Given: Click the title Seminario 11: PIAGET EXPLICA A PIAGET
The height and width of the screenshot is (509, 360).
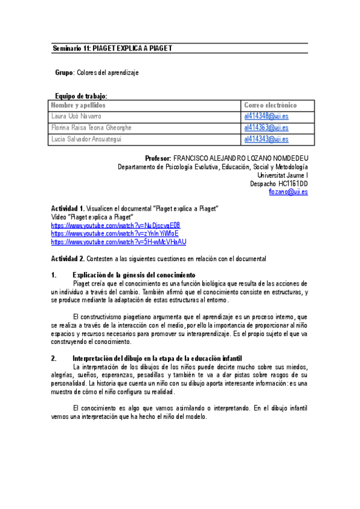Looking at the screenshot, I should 113,48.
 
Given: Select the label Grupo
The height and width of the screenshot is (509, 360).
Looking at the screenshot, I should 64,72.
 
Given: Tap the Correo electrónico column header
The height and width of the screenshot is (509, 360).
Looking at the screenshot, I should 270,105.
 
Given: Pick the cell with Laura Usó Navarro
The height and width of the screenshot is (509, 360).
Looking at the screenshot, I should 76,116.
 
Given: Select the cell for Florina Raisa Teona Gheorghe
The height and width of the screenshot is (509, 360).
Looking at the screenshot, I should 91,127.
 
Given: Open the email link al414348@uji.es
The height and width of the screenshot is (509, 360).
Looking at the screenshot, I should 266,116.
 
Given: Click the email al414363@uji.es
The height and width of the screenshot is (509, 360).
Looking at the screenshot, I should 266,127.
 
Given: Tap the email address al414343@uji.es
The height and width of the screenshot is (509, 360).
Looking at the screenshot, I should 266,139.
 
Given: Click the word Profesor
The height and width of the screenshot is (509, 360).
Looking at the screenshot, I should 158,158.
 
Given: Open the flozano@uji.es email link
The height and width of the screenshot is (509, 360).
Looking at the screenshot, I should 289,191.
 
